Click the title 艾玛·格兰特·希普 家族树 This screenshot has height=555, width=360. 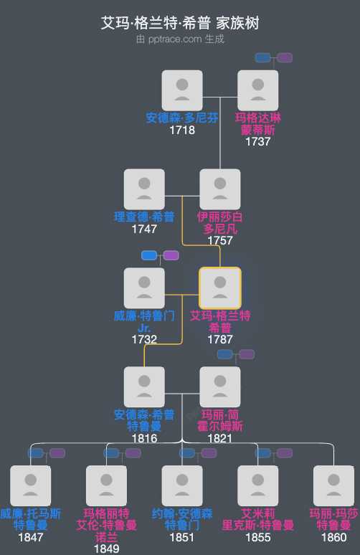pos(180,23)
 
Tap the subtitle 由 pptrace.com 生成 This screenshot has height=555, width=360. pos(180,39)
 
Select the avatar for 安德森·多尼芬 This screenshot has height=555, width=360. pos(182,90)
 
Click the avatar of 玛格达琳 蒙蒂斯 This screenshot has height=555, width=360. pos(257,90)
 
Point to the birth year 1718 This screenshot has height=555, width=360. pos(182,131)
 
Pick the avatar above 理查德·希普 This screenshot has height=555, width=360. pos(144,189)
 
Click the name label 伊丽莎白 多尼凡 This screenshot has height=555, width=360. pos(220,223)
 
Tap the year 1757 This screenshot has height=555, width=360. pos(220,241)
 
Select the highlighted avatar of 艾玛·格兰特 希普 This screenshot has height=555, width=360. pos(220,288)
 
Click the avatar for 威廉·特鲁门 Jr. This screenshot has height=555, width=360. pos(144,288)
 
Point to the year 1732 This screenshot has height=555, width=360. pos(144,339)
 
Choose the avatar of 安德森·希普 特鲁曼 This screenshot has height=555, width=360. pos(144,387)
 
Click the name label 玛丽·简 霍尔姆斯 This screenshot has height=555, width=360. pos(220,420)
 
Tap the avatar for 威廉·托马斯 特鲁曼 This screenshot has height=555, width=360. pos(31,486)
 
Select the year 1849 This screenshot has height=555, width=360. pos(106,549)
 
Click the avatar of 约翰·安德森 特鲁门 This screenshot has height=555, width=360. pos(182,486)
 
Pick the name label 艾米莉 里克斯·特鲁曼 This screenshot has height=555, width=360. pos(257,519)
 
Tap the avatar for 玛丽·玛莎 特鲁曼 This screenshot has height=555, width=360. pos(333,486)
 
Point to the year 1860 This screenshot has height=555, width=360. pos(333,537)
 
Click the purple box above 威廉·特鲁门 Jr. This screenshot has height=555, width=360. pos(171,255)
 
